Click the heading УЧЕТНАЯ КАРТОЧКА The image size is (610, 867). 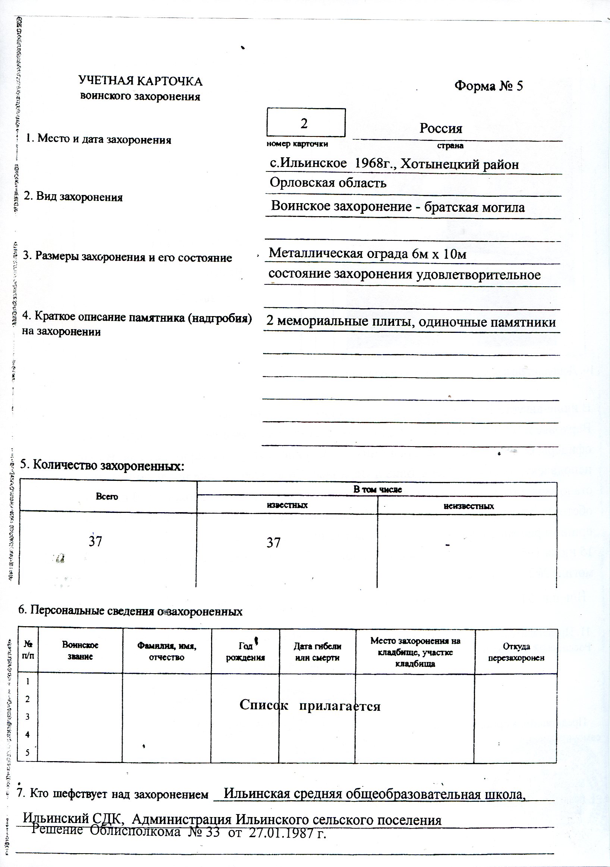click(140, 81)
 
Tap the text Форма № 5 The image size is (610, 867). click(488, 86)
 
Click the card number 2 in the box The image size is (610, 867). click(304, 123)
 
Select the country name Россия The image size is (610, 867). click(440, 128)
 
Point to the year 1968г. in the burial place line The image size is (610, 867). click(372, 164)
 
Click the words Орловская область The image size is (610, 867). click(328, 183)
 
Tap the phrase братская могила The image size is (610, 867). click(474, 207)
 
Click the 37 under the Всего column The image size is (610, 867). click(95, 542)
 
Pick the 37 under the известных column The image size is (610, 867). click(273, 543)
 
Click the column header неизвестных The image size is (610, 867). click(468, 506)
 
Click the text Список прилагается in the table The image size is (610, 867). click(310, 705)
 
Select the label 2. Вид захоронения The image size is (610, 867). click(73, 197)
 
